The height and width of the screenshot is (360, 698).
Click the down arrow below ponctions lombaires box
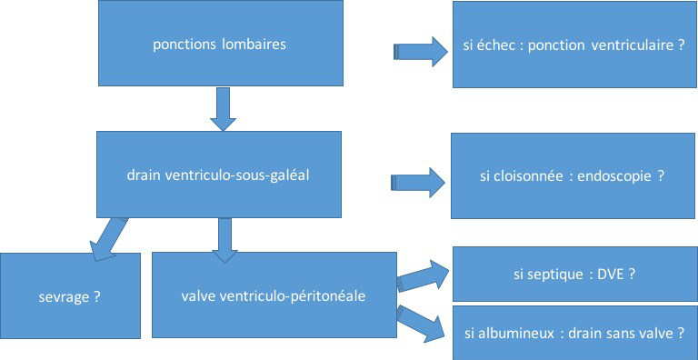click(x=221, y=108)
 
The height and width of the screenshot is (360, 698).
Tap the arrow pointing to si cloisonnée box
click(x=418, y=183)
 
